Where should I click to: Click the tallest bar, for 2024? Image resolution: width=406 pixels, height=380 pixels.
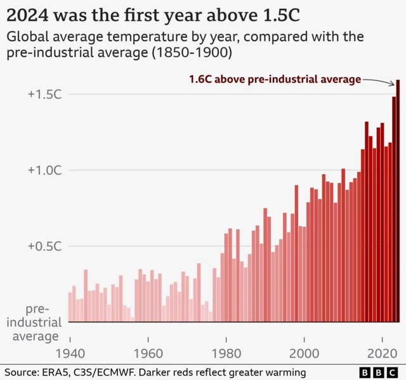[398, 203]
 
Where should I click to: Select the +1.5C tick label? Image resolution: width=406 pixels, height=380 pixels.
[44, 94]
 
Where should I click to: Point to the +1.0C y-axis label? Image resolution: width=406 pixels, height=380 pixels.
[44, 170]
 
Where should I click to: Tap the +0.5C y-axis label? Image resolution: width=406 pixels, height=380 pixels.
[44, 246]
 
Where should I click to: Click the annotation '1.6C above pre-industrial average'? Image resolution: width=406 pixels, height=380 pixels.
[275, 79]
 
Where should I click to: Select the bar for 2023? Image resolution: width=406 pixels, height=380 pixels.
[394, 210]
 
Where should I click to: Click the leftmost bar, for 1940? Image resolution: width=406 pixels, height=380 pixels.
[70, 307]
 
